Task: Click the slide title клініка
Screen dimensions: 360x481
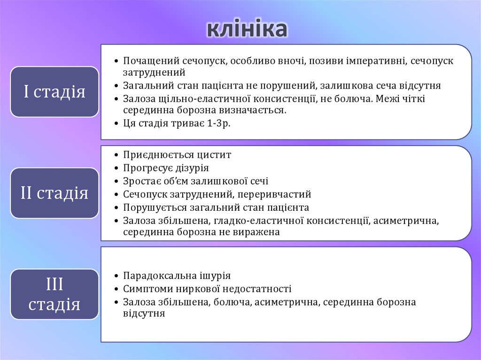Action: pos(247,29)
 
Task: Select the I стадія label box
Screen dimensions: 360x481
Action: pos(54,92)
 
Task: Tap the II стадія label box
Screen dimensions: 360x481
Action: pos(54,193)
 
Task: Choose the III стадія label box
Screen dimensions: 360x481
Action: pos(54,294)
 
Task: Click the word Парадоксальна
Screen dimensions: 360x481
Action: pos(156,276)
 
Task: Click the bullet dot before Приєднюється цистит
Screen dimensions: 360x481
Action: pos(116,155)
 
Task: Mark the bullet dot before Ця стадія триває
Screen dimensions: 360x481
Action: pos(116,124)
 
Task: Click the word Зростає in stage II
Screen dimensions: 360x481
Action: pos(139,181)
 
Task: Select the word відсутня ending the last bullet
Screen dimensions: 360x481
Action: pos(144,314)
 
